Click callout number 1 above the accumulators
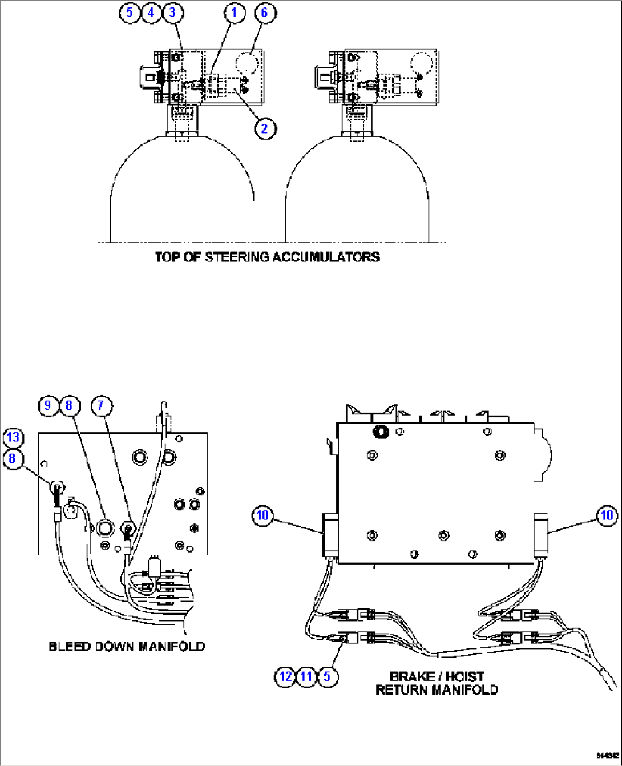(234, 13)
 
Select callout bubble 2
(264, 128)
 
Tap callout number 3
(173, 13)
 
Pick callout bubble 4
(151, 13)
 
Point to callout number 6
(265, 13)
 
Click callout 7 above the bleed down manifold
(101, 405)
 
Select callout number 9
(48, 405)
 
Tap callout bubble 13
(13, 438)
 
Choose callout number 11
(306, 676)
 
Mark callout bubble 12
(285, 676)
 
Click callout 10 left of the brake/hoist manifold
(262, 516)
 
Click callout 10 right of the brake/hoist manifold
(607, 515)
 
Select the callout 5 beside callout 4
(130, 13)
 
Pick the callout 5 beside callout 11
(327, 676)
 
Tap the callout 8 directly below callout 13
(13, 458)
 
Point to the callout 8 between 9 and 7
(69, 405)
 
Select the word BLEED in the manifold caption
(67, 647)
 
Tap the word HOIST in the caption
(465, 676)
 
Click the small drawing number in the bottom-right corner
(607, 755)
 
